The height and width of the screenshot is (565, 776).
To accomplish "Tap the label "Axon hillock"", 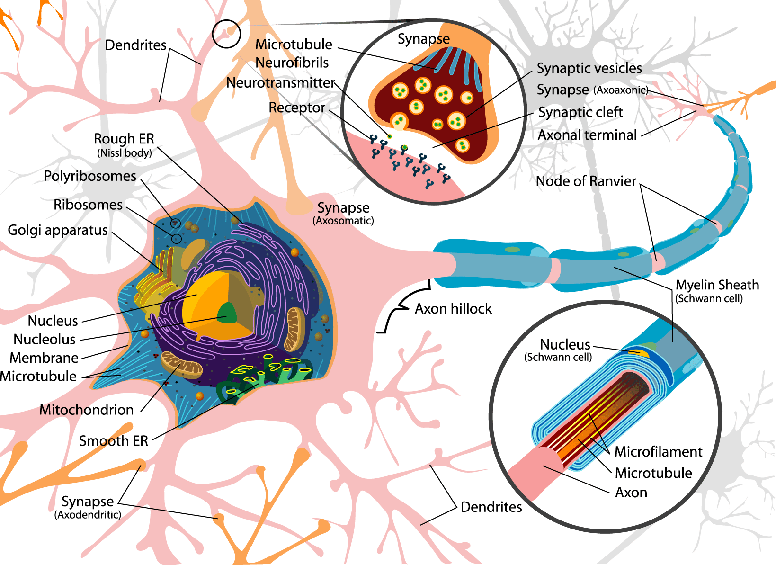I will (453, 309).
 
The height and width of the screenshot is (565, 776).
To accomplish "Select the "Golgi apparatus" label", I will (58, 231).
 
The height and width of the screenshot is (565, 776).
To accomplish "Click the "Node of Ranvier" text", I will (586, 181).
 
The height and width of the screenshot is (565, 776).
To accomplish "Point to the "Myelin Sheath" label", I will (717, 285).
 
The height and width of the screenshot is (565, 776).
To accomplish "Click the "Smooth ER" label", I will (114, 441).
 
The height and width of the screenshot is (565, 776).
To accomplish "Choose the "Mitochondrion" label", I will (86, 410).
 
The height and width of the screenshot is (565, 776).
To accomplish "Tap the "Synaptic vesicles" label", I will (589, 68).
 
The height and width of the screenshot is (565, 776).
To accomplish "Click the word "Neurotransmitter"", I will (281, 83).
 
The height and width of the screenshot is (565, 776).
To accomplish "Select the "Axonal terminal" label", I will (587, 135).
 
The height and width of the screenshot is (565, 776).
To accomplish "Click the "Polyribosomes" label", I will (90, 176).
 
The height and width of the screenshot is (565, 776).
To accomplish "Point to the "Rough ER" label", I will (124, 139).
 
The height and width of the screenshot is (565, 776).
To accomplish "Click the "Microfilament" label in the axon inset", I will (658, 452).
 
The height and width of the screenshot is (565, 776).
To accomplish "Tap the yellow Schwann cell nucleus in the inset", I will (638, 352).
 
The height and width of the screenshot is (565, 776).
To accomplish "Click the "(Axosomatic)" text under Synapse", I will (343, 221).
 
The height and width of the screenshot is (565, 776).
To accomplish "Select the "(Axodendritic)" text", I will (88, 515).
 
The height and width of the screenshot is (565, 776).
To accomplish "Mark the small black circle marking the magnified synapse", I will (226, 34).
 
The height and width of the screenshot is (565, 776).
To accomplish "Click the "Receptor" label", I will (297, 108).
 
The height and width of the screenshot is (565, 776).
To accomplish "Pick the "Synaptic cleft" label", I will (580, 112).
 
